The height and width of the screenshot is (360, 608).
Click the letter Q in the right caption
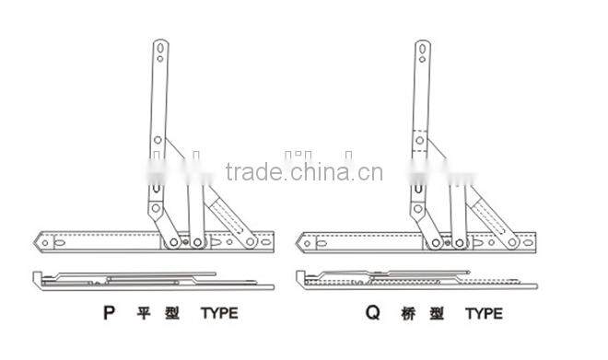(x=372, y=313)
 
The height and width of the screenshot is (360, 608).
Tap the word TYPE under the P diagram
(x=219, y=313)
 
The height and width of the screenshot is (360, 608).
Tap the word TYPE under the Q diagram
(x=484, y=314)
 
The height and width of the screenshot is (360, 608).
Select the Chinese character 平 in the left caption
(x=145, y=313)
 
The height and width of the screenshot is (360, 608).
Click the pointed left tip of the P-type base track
(x=36, y=242)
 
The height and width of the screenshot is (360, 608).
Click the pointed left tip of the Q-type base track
(x=299, y=242)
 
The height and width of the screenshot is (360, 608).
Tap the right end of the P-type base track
(x=272, y=241)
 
